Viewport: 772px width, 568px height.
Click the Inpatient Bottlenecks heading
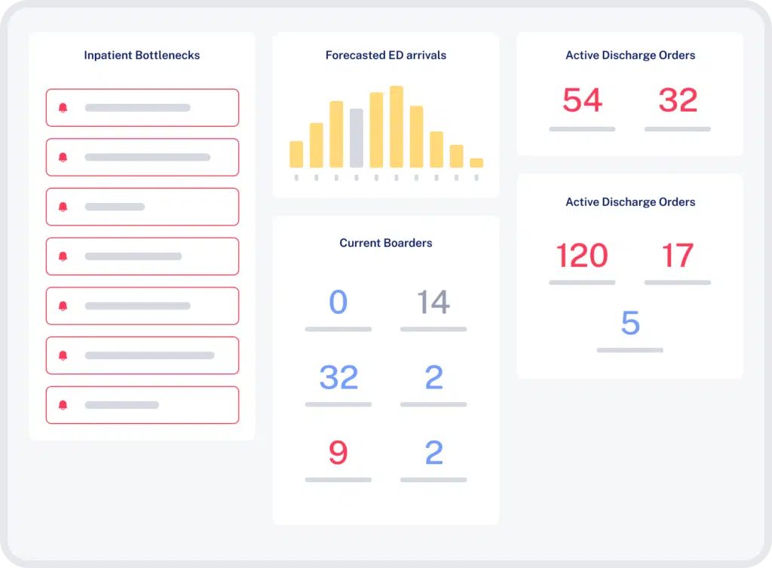pos(142,55)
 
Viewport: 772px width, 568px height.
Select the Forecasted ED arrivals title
pos(385,55)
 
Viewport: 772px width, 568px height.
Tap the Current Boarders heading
pos(385,243)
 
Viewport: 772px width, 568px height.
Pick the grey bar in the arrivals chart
pos(356,138)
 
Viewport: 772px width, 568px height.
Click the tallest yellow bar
pos(396,127)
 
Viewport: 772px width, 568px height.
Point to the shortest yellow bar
pos(476,162)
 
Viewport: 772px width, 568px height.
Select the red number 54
pos(582,100)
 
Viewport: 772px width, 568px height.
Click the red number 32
pos(677,100)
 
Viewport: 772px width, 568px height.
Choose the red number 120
pos(582,256)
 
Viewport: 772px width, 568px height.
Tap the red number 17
pos(677,256)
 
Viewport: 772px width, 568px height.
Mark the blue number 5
pos(630,324)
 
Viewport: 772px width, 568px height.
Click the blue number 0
pos(339,302)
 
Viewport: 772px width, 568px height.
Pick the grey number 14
pos(433,302)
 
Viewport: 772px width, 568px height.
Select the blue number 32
pos(339,377)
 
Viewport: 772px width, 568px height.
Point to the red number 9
pos(339,453)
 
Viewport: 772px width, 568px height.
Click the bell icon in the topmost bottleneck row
pos(63,108)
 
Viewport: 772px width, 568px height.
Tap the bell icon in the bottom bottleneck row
pos(63,405)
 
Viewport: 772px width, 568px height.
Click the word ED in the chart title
pos(395,55)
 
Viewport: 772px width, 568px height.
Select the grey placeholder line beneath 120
pos(582,282)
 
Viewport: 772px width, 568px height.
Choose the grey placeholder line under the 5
pos(630,350)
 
